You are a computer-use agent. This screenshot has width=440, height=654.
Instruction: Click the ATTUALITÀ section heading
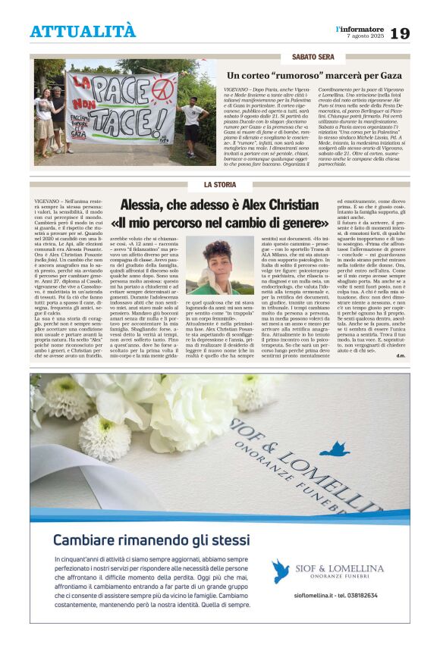pos(83,32)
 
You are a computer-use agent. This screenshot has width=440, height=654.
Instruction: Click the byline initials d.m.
pos(400,355)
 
